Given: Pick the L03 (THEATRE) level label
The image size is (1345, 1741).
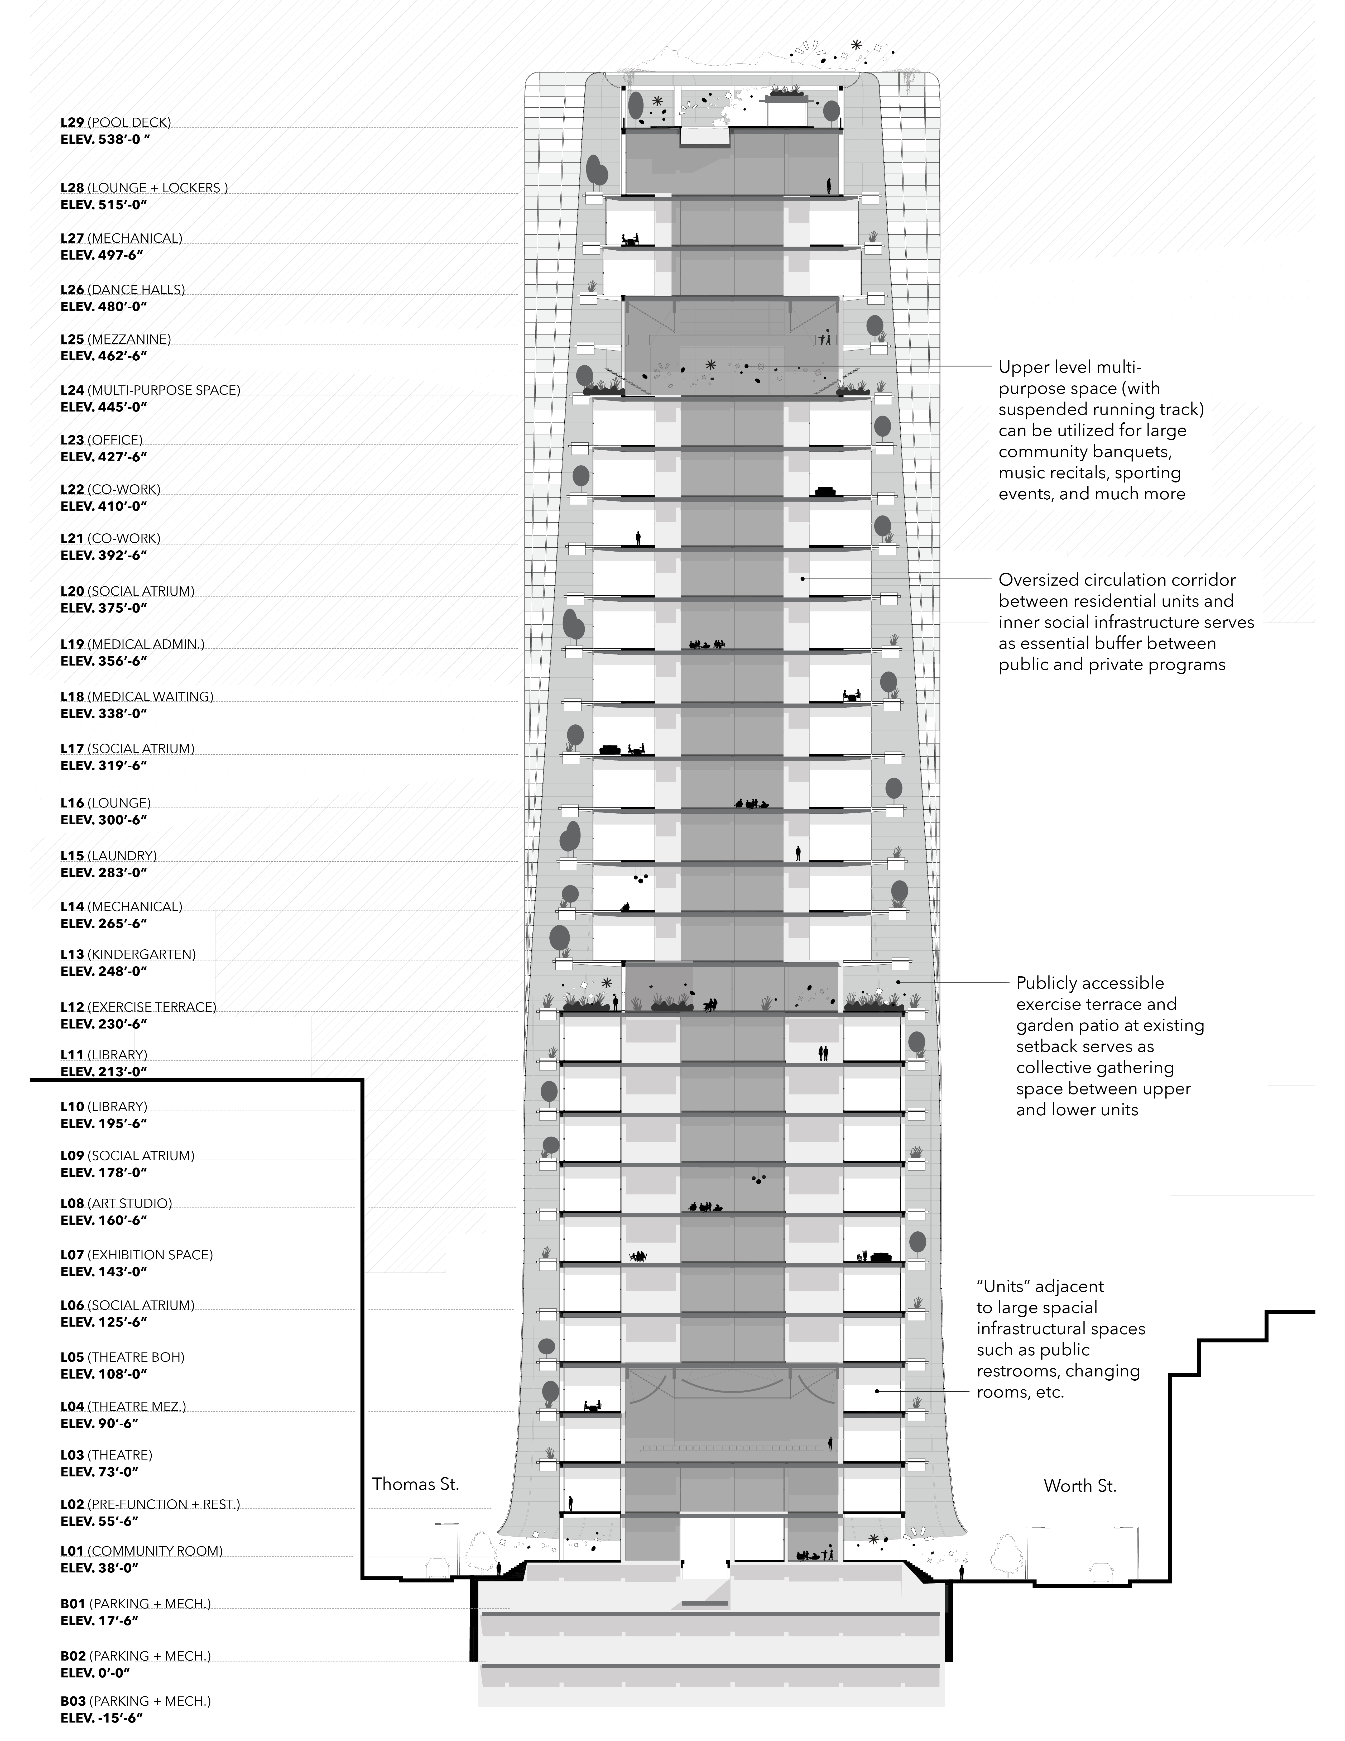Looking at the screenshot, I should [x=106, y=1455].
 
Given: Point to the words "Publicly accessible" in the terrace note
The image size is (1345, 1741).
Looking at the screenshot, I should [x=1089, y=983].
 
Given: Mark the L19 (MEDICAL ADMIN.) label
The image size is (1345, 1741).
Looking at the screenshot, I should [x=132, y=644].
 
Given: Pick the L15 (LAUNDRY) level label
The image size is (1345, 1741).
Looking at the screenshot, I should [x=108, y=855].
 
